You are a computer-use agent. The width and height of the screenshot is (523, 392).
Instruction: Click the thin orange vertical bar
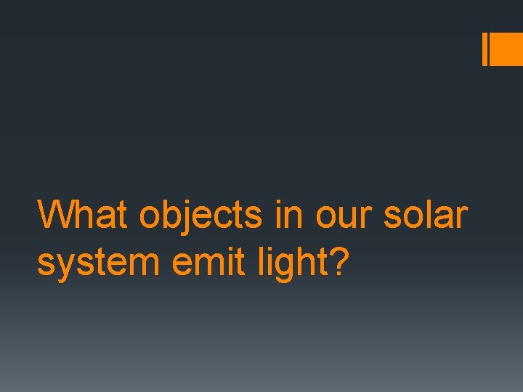[x=485, y=49]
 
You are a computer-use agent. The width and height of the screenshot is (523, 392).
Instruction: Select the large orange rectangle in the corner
[x=508, y=49]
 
